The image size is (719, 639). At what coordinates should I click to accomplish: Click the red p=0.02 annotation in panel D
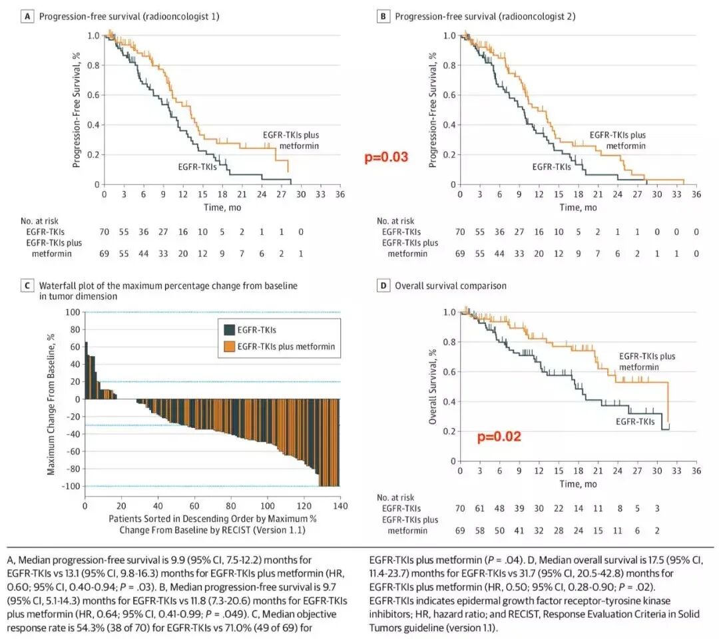499,437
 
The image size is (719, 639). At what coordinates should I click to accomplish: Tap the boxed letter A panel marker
27,17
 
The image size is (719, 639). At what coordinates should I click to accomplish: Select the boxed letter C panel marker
27,286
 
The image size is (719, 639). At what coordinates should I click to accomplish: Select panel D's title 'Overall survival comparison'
451,286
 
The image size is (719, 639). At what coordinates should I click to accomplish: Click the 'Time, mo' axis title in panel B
578,207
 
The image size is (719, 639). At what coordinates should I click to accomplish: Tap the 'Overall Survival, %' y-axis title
433,386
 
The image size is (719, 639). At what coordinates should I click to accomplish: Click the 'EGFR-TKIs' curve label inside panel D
635,421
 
